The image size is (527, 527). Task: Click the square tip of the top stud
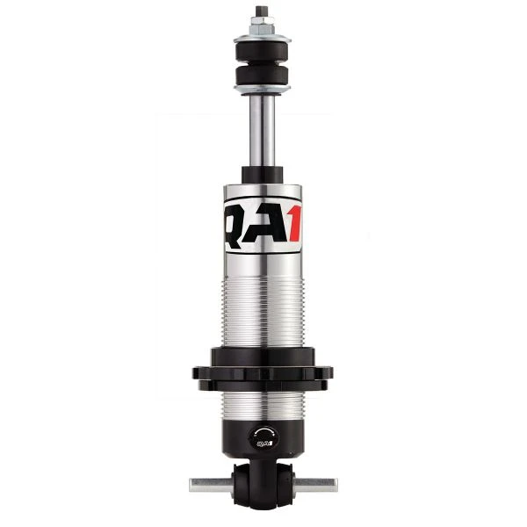[x=262, y=11]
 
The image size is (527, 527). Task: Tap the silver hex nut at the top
[x=262, y=26]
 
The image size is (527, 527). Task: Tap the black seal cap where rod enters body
[x=262, y=175]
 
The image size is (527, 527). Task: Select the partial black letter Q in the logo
[x=235, y=225]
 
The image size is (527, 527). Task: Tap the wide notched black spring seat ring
[x=262, y=372]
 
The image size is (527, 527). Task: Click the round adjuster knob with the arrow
[x=263, y=436]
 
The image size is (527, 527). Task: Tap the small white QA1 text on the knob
[x=263, y=444]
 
